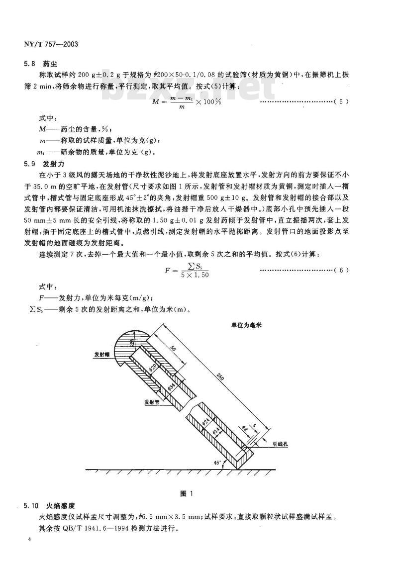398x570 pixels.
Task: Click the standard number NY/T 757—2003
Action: [52, 44]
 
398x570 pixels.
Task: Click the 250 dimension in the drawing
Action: [219, 377]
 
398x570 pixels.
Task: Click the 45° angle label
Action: [217, 463]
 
